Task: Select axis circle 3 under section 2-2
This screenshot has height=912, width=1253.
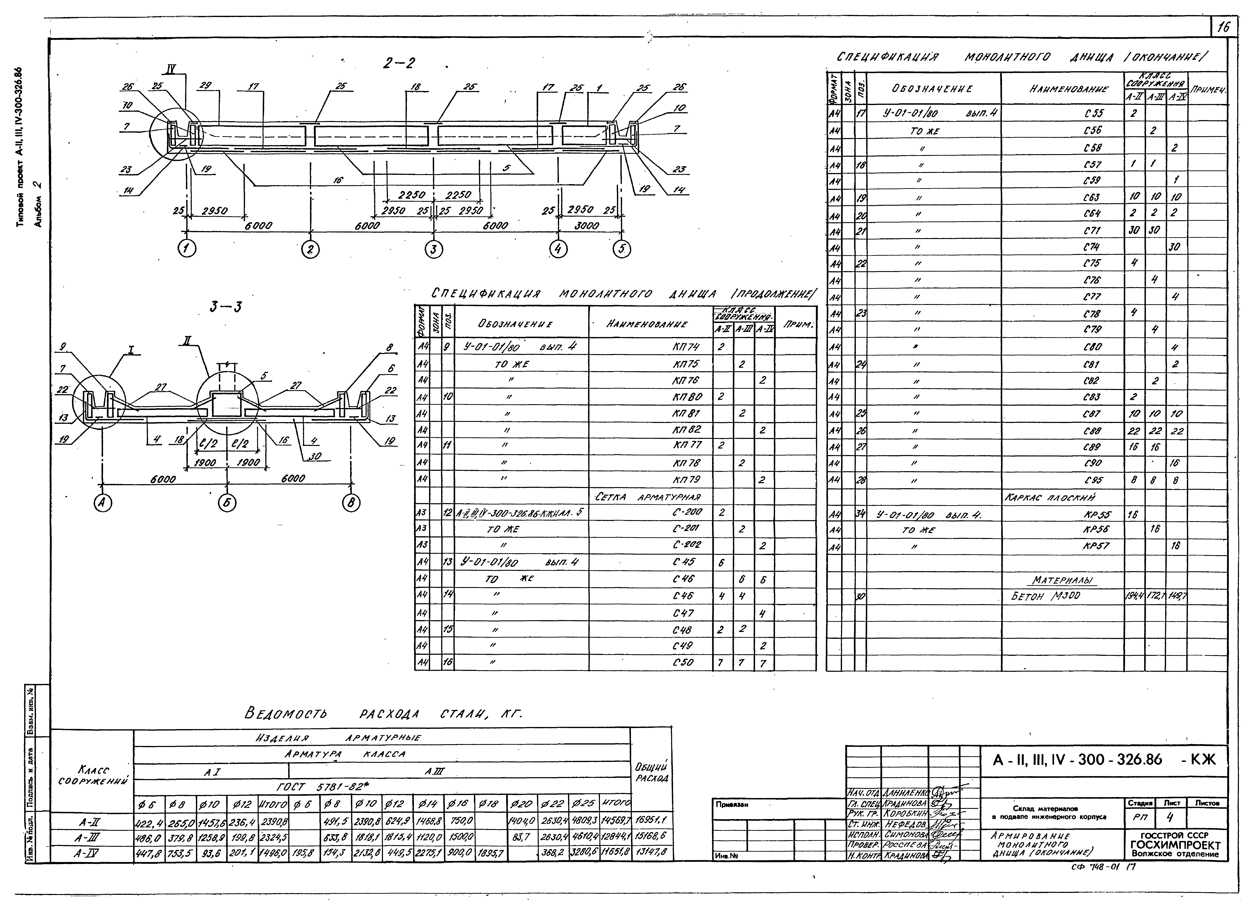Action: [434, 250]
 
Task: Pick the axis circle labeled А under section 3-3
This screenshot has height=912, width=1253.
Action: [103, 503]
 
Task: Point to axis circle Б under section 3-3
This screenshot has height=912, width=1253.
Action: [227, 503]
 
